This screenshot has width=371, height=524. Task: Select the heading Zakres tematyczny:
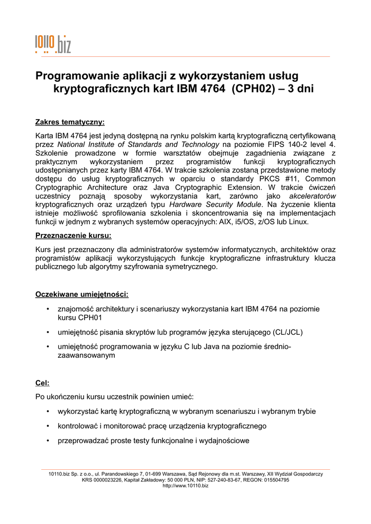(70, 122)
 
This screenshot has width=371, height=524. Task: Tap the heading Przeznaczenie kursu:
(73, 236)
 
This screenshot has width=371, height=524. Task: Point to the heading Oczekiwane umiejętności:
(81, 294)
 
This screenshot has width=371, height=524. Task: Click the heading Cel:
(42, 383)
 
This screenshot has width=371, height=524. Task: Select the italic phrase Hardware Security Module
(215, 204)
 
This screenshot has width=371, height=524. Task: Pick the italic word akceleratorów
(313, 195)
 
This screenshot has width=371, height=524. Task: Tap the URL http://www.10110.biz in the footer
(186, 486)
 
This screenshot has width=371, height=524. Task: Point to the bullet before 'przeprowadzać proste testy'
(47, 440)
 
